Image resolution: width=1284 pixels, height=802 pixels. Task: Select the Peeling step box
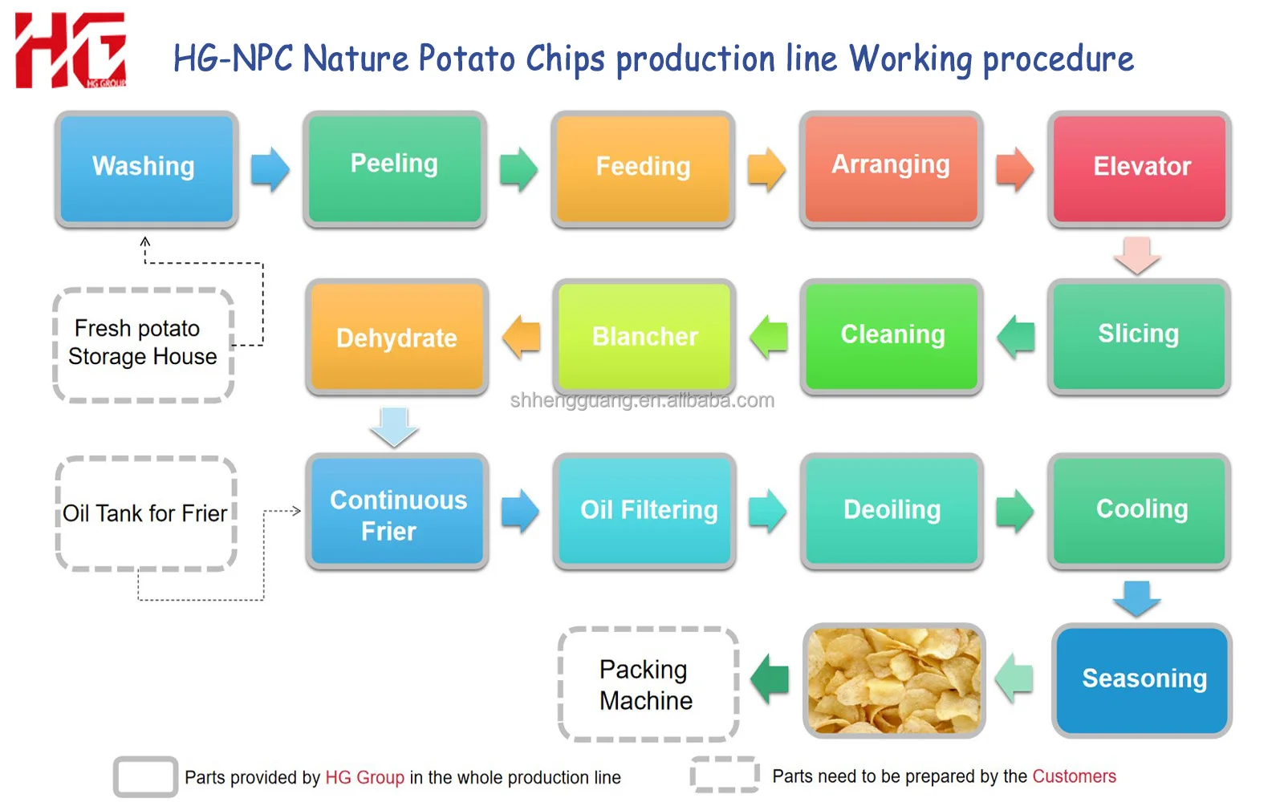pyautogui.click(x=395, y=168)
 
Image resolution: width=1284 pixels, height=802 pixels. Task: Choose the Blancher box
pyautogui.click(x=644, y=337)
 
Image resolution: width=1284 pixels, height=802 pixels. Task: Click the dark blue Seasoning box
pyautogui.click(x=1142, y=680)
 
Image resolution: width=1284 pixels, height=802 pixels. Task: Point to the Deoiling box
pyautogui.click(x=892, y=510)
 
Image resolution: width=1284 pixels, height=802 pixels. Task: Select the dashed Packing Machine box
pyautogui.click(x=648, y=684)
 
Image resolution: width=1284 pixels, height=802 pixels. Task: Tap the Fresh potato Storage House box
pyautogui.click(x=144, y=344)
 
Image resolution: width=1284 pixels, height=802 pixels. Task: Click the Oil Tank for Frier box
pyautogui.click(x=145, y=513)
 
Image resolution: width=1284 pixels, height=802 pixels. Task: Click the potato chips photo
pyautogui.click(x=894, y=680)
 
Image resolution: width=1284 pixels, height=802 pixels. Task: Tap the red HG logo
pyautogui.click(x=71, y=50)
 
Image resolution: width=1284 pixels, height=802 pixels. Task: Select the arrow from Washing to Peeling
pyautogui.click(x=270, y=169)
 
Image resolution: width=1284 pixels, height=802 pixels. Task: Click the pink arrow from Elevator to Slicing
pyautogui.click(x=1137, y=254)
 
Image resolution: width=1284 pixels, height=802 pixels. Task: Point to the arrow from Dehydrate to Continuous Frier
pyautogui.click(x=394, y=426)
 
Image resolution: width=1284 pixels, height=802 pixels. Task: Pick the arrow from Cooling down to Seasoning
pyautogui.click(x=1136, y=598)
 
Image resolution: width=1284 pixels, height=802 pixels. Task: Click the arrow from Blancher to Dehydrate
pyautogui.click(x=522, y=337)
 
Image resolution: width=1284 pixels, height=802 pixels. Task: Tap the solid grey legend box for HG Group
pyautogui.click(x=145, y=776)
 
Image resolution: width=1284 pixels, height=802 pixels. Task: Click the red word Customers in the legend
pyautogui.click(x=1074, y=776)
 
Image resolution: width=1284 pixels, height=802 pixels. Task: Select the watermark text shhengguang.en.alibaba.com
pyautogui.click(x=642, y=400)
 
